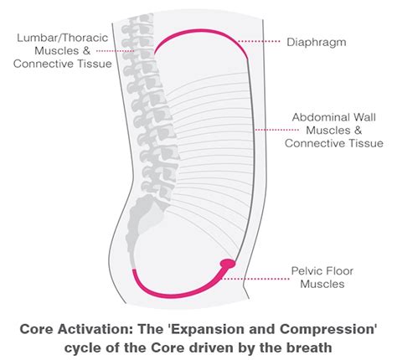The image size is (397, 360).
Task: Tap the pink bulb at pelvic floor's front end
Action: [x=227, y=265]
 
